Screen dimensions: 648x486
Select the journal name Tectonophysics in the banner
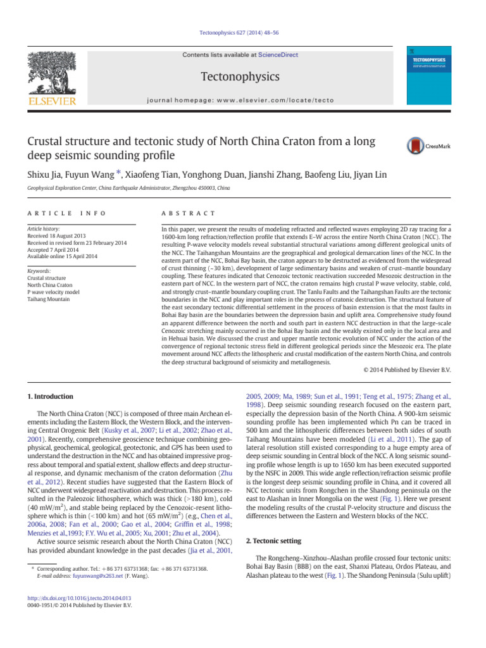click(240, 77)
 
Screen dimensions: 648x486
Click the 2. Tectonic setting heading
click(273, 540)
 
